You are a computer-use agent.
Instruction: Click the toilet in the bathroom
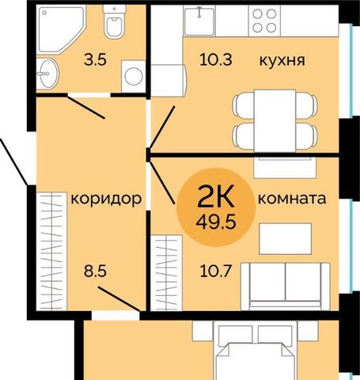pyautogui.click(x=114, y=21)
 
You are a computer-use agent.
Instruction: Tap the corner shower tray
pyautogui.click(x=59, y=28)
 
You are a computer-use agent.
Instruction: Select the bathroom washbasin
pyautogui.click(x=47, y=74)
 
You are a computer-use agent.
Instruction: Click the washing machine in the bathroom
pyautogui.click(x=134, y=76)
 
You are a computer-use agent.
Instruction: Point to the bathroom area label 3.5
pyautogui.click(x=95, y=59)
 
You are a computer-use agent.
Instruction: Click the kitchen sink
pyautogui.click(x=199, y=21)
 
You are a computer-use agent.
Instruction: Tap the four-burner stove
pyautogui.click(x=264, y=21)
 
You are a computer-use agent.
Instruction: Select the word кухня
pyautogui.click(x=282, y=60)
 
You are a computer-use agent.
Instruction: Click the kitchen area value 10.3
pyautogui.click(x=216, y=59)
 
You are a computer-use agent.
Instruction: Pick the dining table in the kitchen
pyautogui.click(x=275, y=121)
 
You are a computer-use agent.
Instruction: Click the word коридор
pyautogui.click(x=106, y=199)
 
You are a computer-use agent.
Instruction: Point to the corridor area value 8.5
pyautogui.click(x=95, y=271)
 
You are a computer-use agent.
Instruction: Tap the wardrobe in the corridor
pyautogui.click(x=51, y=252)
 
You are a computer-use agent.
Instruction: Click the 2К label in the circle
pyautogui.click(x=216, y=196)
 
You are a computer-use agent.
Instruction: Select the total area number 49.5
pyautogui.click(x=216, y=222)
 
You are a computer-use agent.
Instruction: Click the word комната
pyautogui.click(x=292, y=199)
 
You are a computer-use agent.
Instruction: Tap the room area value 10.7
pyautogui.click(x=216, y=271)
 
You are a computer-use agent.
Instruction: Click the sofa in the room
pyautogui.click(x=286, y=287)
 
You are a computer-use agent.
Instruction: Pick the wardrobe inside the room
pyautogui.click(x=166, y=273)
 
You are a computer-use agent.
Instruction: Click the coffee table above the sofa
pyautogui.click(x=286, y=239)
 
